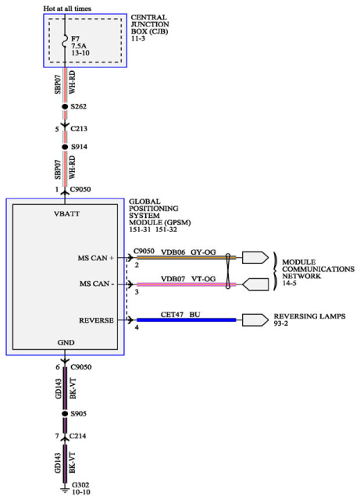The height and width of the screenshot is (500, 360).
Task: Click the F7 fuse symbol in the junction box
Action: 65,40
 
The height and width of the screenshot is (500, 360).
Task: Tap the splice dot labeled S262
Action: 65,106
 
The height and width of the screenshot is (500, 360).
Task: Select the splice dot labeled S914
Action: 65,147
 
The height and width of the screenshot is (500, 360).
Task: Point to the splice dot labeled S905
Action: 65,413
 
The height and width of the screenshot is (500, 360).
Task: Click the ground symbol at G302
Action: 65,490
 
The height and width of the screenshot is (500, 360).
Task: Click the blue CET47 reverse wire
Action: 187,320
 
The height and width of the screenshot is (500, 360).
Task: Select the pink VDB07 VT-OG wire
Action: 187,284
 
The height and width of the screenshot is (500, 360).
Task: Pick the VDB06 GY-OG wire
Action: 187,257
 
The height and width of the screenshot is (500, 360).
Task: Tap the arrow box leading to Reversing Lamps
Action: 255,320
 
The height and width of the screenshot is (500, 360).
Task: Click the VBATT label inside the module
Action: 66,214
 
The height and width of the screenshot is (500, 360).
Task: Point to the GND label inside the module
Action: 66,342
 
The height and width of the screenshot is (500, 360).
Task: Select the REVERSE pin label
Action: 96,320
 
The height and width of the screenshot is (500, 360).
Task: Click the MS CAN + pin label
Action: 95,258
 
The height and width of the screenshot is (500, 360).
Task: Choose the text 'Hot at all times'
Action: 67,9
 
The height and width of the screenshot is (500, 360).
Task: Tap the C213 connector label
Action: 79,129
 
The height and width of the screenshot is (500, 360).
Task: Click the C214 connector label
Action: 78,436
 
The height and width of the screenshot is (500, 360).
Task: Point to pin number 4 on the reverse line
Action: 137,327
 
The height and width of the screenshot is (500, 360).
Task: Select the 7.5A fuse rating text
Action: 78,46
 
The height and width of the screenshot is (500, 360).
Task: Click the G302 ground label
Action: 80,485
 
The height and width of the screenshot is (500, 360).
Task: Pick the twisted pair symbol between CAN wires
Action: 228,271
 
